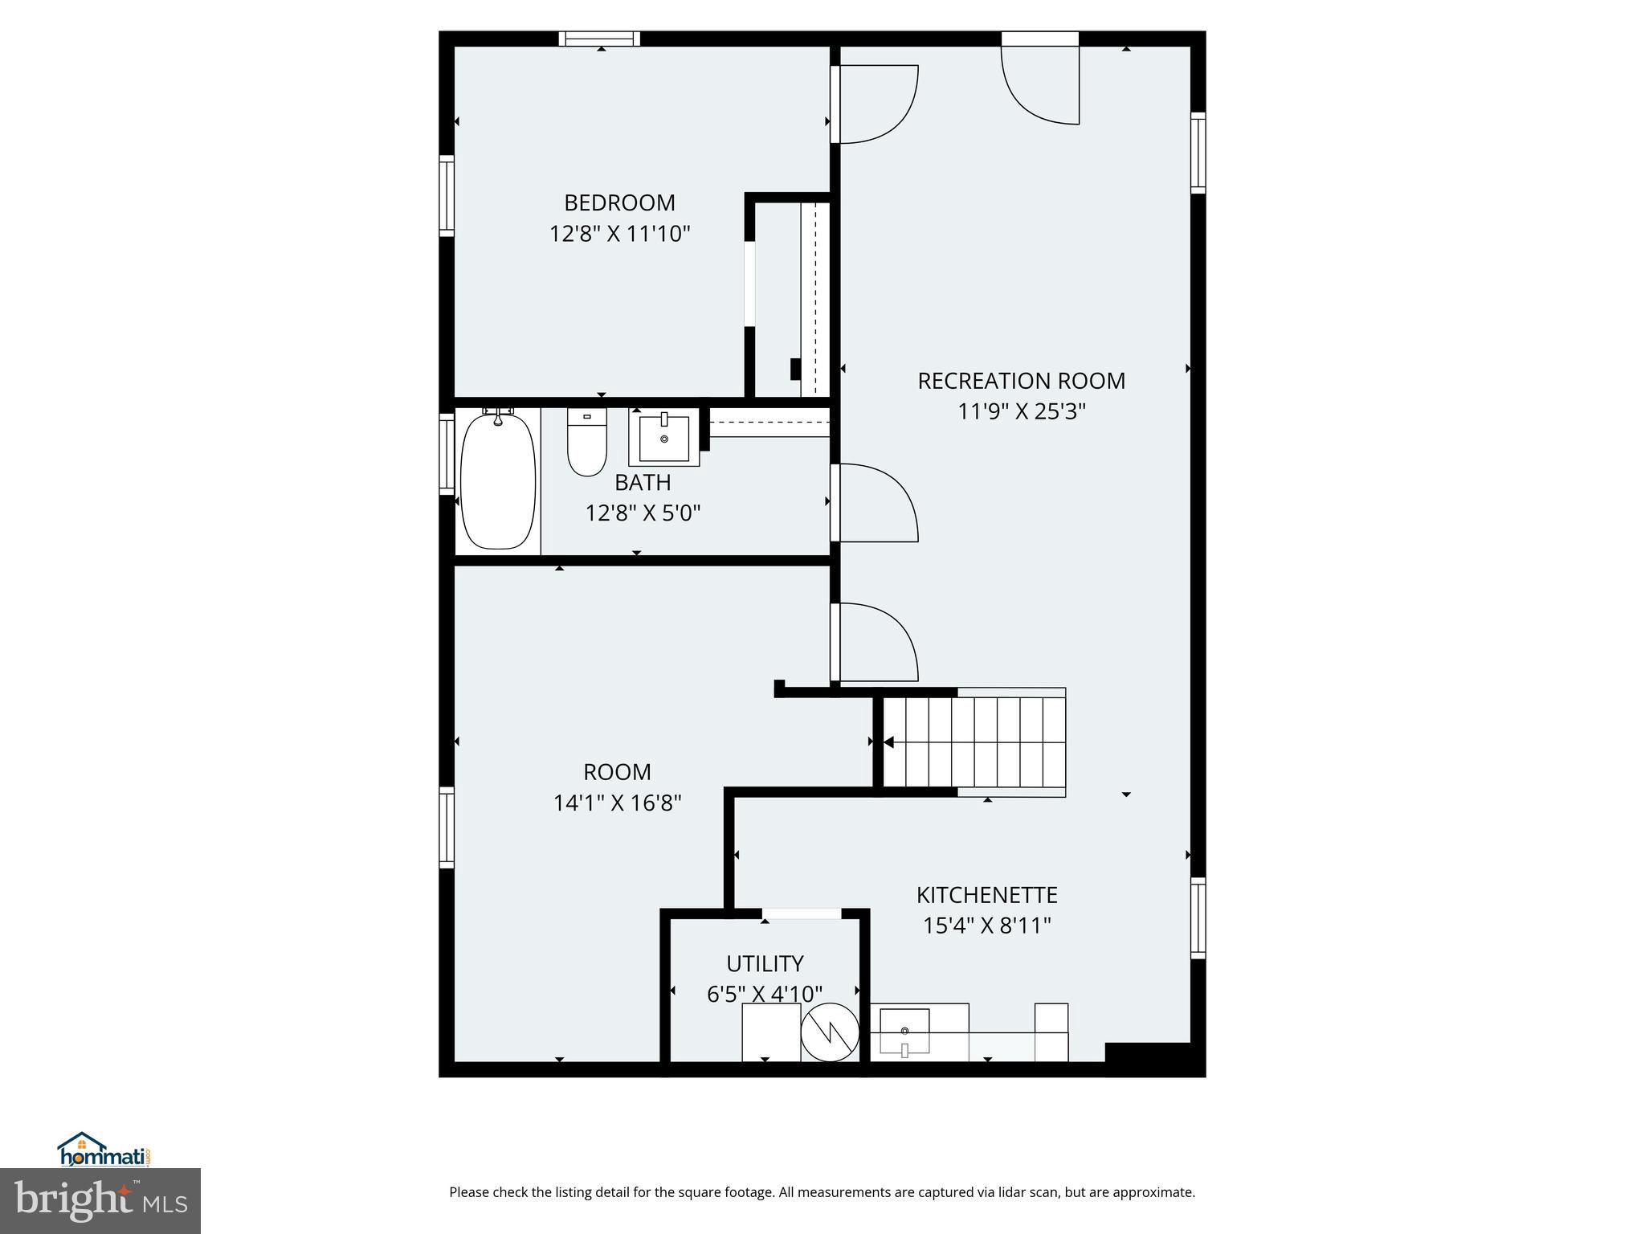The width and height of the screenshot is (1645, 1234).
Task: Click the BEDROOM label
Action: pos(619,202)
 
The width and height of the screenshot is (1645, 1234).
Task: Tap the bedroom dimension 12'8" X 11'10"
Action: pos(619,235)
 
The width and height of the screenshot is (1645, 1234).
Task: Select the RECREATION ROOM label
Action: pos(1021,381)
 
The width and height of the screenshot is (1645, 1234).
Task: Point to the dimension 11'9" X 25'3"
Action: pos(1021,412)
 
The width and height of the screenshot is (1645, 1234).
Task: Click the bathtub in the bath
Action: pos(498,482)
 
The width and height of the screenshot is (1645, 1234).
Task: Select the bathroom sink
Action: pos(664,438)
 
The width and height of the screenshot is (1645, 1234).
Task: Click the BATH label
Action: pos(643,483)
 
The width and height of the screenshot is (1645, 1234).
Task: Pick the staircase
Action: pos(974,742)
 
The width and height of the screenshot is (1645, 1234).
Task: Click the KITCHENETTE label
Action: pos(986,895)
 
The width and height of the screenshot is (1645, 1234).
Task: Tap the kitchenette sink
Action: pos(904,1031)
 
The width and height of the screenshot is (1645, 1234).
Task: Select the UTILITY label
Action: pos(765,964)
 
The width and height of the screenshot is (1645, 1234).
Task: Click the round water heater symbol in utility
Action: pos(830,1032)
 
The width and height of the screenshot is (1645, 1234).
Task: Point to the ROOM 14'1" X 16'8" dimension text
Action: pos(617,803)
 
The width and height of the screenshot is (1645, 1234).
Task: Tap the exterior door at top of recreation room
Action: pos(1039,80)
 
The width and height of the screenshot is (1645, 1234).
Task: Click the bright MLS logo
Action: pos(100,1200)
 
